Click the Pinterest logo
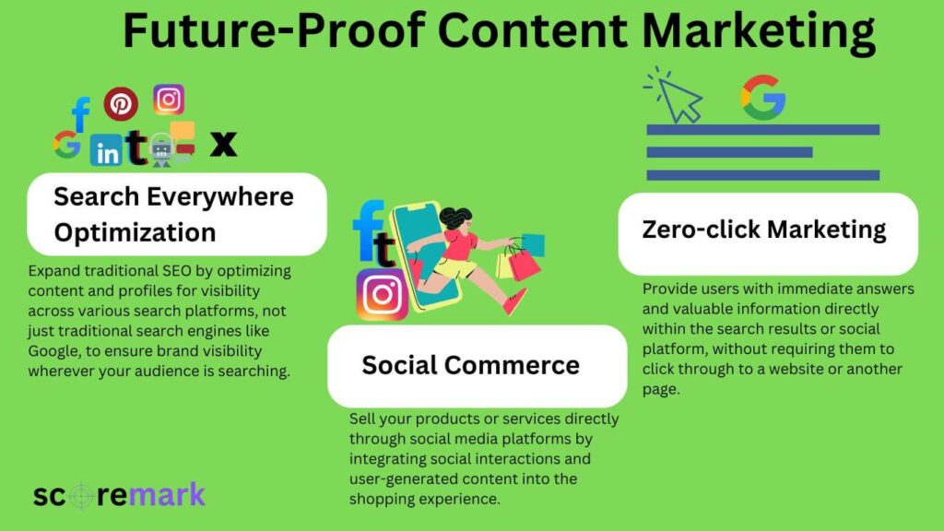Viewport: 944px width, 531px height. point(121,104)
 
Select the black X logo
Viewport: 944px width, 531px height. point(223,144)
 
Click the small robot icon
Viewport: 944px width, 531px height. point(162,148)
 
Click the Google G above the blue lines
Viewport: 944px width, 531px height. point(763,97)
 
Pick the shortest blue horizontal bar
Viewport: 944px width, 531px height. point(729,152)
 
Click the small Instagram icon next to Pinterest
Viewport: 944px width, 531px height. point(169,100)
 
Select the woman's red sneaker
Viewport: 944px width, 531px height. point(515,301)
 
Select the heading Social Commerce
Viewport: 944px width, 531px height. point(470,365)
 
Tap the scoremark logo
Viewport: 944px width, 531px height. point(119,495)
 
